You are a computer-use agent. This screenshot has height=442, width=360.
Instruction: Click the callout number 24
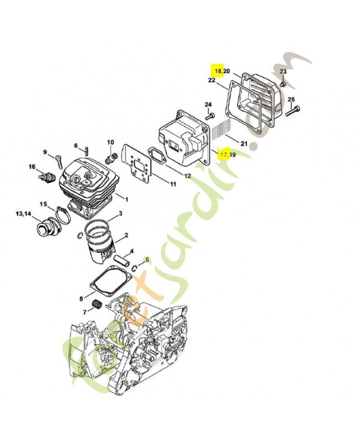pyautogui.click(x=208, y=104)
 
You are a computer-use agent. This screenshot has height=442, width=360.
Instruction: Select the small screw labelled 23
pyautogui.click(x=282, y=85)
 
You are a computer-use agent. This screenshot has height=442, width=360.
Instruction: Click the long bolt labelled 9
pyautogui.click(x=57, y=160)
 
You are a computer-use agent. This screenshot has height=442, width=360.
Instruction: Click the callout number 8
pyautogui.click(x=81, y=298)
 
